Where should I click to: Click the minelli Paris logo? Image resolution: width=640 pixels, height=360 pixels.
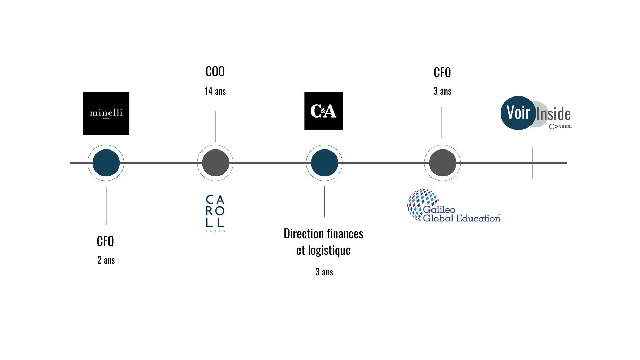(106, 114)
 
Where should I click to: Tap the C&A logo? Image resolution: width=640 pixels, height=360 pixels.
(323, 111)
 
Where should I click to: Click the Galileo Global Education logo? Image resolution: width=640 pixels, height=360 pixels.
(454, 206)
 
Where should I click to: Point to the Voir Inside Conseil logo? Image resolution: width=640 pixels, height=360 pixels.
(536, 113)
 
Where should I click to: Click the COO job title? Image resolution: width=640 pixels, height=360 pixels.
(215, 72)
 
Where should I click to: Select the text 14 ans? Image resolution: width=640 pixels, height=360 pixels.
(215, 91)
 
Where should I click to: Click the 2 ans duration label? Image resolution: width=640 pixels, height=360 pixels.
(106, 260)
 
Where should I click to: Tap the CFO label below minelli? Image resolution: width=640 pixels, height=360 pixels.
(105, 241)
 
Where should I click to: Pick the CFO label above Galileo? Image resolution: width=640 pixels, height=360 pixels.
(442, 73)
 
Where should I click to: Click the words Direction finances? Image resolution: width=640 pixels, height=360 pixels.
(323, 234)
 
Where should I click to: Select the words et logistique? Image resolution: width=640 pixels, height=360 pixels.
(323, 251)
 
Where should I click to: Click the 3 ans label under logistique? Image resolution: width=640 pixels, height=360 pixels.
(324, 272)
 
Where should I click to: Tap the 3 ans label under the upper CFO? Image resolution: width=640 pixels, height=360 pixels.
(442, 91)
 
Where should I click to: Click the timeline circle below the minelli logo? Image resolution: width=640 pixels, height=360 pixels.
(106, 163)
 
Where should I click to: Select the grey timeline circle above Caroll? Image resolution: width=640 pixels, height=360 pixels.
(215, 163)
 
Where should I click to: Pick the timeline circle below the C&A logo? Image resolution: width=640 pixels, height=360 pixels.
(324, 163)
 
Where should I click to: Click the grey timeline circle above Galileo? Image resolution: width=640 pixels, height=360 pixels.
(442, 163)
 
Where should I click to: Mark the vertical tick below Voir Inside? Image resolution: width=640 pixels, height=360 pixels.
(533, 163)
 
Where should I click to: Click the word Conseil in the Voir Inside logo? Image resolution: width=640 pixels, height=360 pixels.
(560, 126)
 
